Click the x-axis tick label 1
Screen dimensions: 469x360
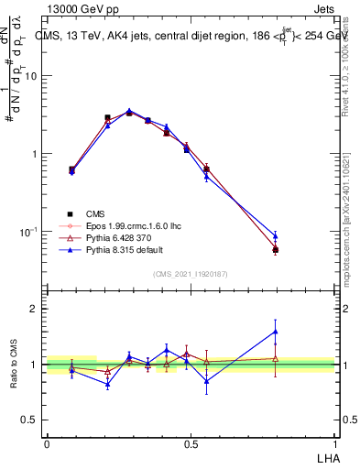[x=334, y=444]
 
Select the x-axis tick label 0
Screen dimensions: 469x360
[x=47, y=444]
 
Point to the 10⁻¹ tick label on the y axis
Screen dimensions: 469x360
[x=28, y=233]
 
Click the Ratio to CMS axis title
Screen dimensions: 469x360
[x=15, y=364]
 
